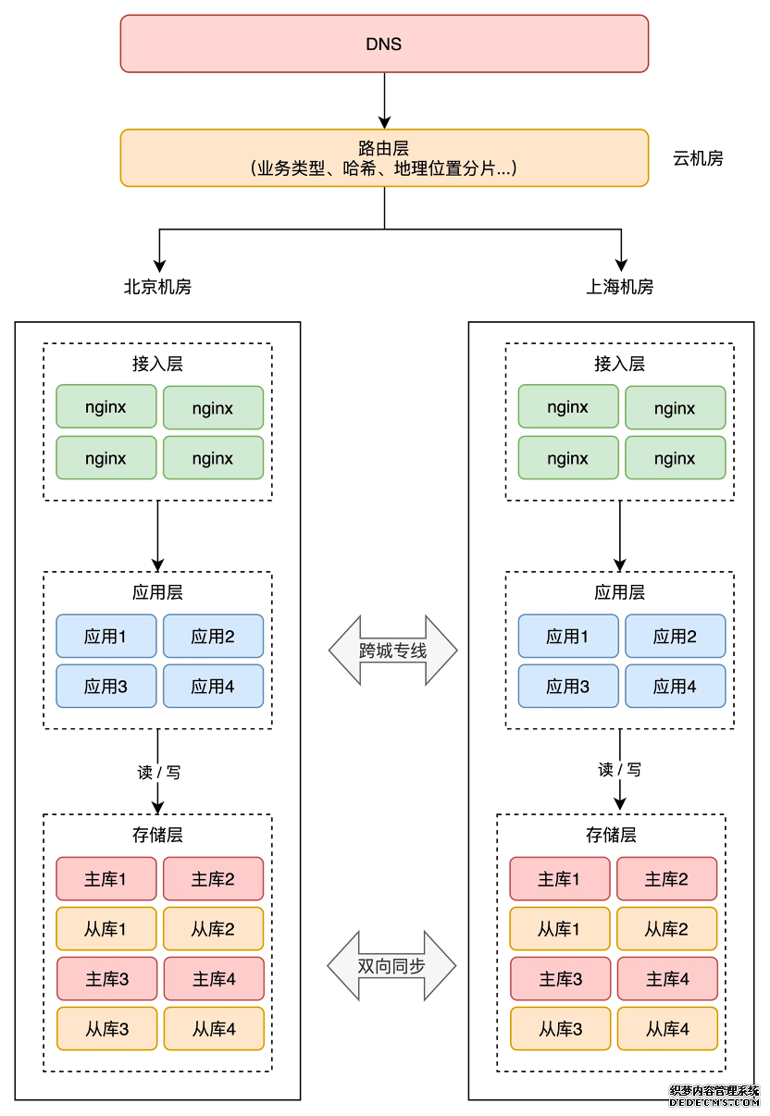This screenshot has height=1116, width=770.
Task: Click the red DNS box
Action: [384, 43]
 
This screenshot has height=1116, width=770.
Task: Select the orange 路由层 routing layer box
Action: [384, 157]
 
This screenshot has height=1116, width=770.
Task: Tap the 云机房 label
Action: [698, 158]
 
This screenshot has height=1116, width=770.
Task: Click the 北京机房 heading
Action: [157, 287]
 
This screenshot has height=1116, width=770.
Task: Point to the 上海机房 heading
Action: [619, 287]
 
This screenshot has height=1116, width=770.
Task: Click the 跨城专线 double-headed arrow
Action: [393, 651]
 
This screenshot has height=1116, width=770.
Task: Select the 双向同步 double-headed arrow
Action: [392, 966]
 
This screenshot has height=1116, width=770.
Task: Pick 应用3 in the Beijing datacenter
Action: [106, 687]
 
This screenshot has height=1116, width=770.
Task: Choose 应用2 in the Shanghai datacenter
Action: [675, 637]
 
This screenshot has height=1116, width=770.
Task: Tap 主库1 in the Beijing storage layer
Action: [106, 879]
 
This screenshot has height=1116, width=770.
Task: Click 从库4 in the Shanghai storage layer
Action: [666, 1028]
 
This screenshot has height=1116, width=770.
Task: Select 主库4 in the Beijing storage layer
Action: [214, 979]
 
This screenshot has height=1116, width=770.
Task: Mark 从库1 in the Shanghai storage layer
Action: [559, 929]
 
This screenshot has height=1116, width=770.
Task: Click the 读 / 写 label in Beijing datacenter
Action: [158, 772]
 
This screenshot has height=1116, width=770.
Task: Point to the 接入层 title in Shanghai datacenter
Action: [619, 364]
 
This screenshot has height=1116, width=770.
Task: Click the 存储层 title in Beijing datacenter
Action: [157, 835]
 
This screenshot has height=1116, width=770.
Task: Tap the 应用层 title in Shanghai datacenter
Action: [619, 592]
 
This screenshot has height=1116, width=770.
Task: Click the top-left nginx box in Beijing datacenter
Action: [106, 407]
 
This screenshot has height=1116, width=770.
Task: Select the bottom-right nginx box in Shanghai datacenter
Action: [675, 458]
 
